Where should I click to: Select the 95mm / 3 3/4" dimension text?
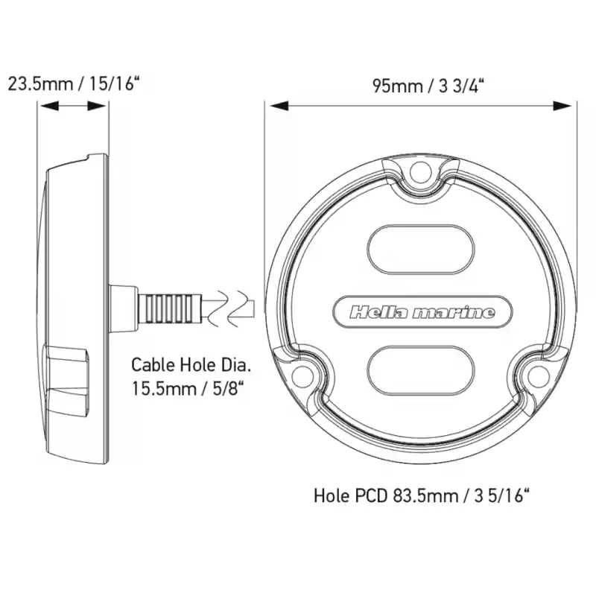coord(428,86)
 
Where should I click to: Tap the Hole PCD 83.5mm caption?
coord(422,495)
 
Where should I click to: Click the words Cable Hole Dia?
coord(191,365)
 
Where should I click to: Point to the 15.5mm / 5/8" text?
coord(188,388)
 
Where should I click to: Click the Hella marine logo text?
coord(422,312)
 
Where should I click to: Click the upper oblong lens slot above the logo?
coord(421,250)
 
